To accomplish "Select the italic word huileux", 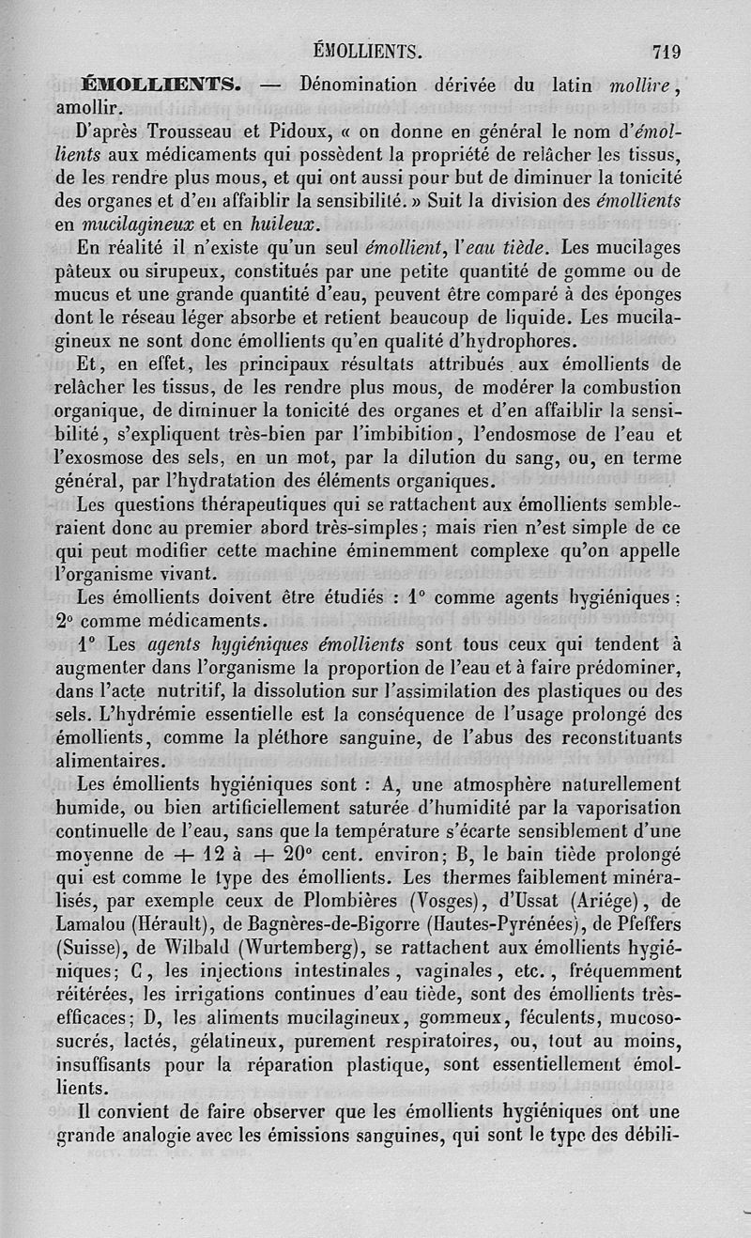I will tap(284, 224).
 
